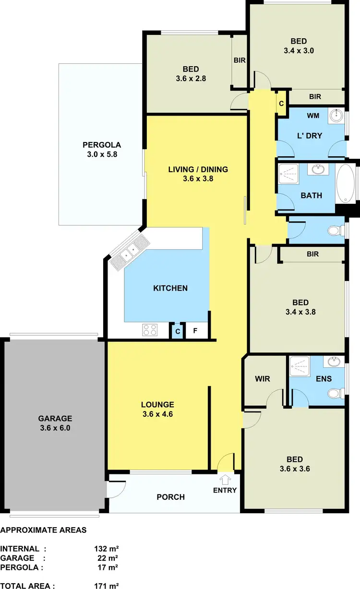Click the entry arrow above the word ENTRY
tap(225, 479)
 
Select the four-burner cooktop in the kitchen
tap(150, 330)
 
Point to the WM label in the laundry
tap(313, 116)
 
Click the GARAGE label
tap(56, 418)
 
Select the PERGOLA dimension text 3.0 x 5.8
tap(101, 155)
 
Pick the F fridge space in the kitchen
tap(195, 330)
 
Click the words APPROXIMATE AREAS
tap(44, 530)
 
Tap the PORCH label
tap(171, 497)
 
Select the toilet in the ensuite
tap(335, 394)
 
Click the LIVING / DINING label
tap(198, 169)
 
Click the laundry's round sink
tap(336, 116)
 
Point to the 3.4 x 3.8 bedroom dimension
tap(300, 312)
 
